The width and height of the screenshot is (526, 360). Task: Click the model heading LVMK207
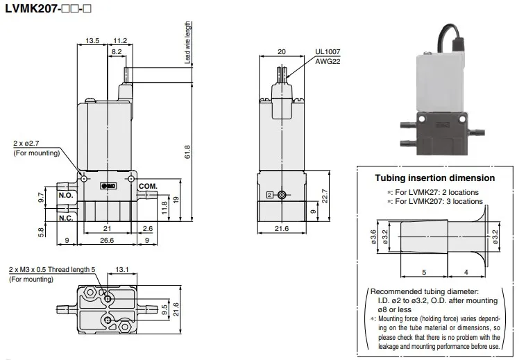(32, 8)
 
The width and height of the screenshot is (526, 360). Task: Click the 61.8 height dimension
(187, 152)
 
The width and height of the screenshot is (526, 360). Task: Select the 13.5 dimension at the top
(92, 40)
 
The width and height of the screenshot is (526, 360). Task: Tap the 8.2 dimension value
(117, 51)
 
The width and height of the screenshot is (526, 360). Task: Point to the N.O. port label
(66, 195)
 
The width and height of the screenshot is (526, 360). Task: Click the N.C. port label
(66, 218)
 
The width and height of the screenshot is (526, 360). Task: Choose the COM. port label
(148, 186)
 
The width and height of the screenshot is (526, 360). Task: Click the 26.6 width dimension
(107, 240)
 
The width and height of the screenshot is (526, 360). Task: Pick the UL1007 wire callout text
(328, 51)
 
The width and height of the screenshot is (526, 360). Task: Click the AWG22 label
(328, 61)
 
